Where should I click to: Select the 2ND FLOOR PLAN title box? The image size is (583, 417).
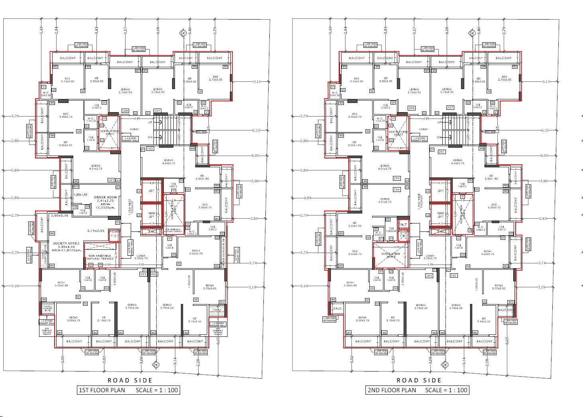coord(417,390)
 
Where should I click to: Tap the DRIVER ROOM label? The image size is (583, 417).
coord(105,198)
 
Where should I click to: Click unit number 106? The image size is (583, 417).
coord(125,111)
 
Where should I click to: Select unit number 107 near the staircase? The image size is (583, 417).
coord(157,111)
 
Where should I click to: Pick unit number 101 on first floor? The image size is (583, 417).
coord(150,148)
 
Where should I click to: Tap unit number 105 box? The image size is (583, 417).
coord(112,180)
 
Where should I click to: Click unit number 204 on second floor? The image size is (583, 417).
coord(397,190)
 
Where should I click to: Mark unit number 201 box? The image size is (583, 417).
coord(442,152)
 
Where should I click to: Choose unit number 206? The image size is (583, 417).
coord(412,108)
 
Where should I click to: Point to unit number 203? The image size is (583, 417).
coord(429,276)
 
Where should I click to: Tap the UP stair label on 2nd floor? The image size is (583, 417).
coord(439,123)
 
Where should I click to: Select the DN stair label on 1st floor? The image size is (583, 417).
coord(150,137)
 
